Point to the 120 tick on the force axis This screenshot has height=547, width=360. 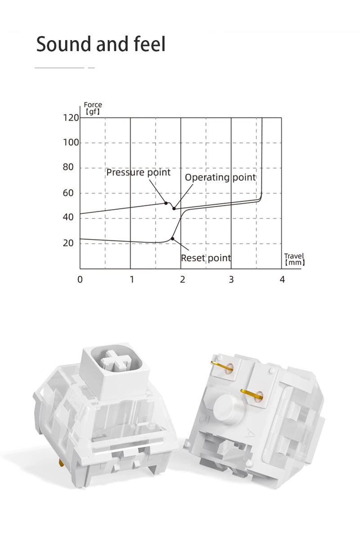tap(71, 118)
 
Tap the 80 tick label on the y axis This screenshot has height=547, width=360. tap(68, 167)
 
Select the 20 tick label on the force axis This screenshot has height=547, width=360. tap(68, 243)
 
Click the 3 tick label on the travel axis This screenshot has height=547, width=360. tap(231, 280)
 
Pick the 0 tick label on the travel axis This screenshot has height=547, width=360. tap(80, 280)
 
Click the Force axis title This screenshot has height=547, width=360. tap(93, 108)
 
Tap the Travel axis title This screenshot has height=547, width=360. tap(295, 259)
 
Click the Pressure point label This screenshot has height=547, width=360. tap(139, 172)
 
